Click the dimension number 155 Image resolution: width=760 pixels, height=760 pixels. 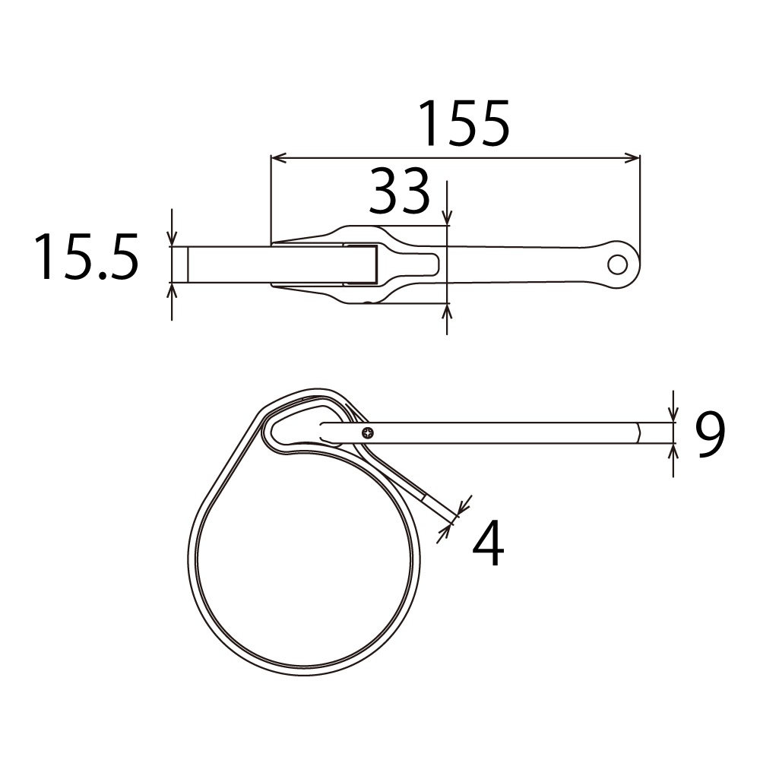pos(464,123)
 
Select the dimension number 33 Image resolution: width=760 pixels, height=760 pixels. pos(399,192)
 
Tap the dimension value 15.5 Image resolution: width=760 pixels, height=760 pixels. pos(85,258)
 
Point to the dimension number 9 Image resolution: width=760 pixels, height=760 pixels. pos(709,435)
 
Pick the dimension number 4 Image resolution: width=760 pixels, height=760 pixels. pos(487,544)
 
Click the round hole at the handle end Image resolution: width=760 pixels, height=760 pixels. pos(618,264)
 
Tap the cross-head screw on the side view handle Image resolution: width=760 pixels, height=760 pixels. pos(369,433)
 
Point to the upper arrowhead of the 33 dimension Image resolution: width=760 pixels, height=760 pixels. pos(447,219)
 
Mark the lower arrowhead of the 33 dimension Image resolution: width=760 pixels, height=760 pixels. pos(447,310)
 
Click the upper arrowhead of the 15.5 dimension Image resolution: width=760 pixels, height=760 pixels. pos(173,239)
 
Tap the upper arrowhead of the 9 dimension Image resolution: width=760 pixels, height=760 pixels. pos(673,415)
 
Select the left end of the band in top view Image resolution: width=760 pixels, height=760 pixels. pos(179,264)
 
